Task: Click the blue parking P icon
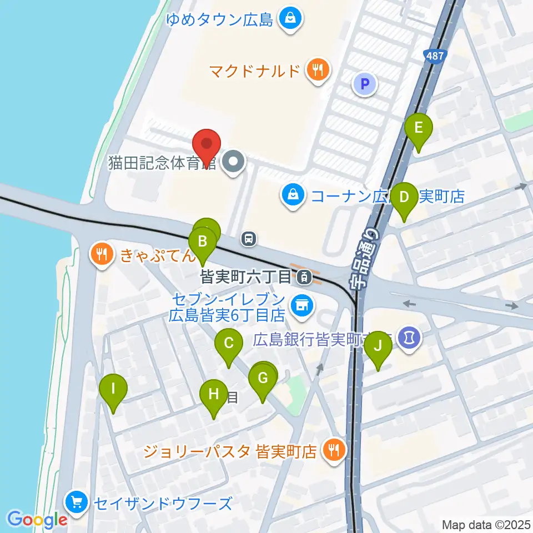[365, 84]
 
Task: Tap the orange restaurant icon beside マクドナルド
[318, 71]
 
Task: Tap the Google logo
[38, 520]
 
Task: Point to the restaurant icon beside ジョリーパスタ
[333, 449]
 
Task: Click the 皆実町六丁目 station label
[245, 275]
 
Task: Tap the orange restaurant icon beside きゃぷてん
[101, 255]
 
